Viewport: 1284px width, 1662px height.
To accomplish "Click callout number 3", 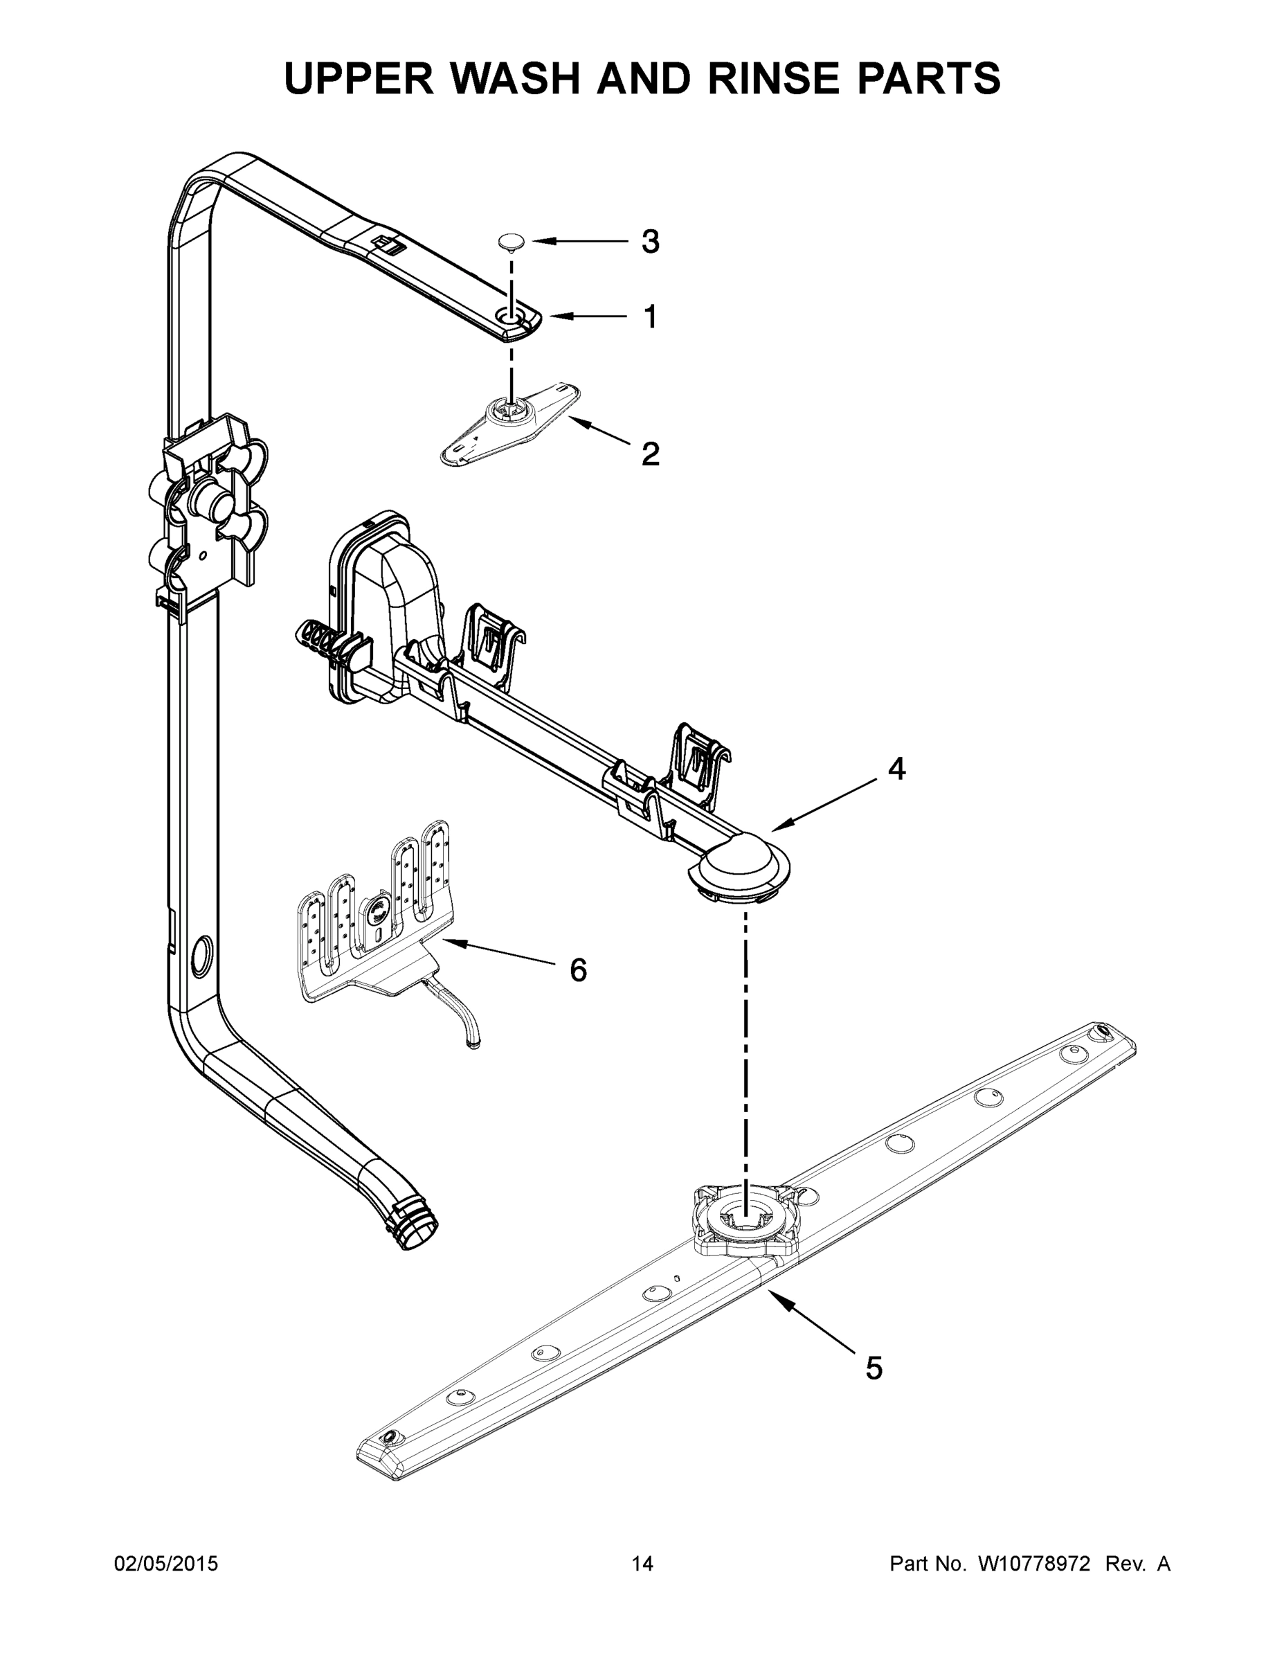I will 649,242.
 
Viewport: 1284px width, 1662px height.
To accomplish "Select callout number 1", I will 649,316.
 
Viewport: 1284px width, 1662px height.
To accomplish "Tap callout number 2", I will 649,454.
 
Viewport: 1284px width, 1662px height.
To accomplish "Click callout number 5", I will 874,1368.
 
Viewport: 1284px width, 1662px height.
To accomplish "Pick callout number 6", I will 578,970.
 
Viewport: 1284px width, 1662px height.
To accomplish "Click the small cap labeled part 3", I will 512,242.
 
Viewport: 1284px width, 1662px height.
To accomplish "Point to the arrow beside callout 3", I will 579,242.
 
